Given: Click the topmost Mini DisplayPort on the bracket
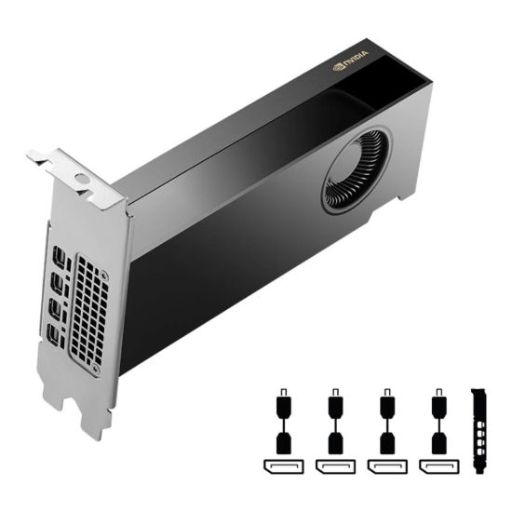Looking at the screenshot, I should tap(61, 256).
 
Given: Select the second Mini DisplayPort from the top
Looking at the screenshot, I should tap(60, 282).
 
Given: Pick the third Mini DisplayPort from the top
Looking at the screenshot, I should tap(58, 308).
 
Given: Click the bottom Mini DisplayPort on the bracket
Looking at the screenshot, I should tap(56, 334).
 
